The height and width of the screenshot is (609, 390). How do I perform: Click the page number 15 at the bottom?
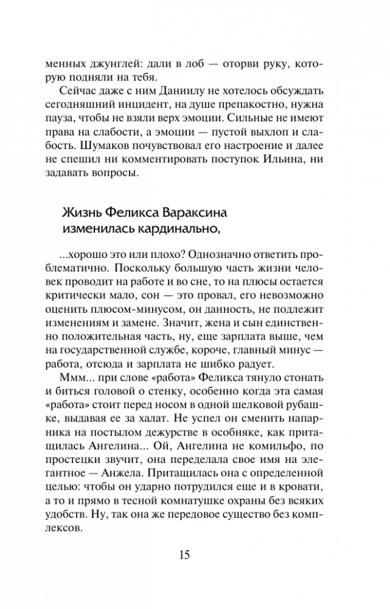click(x=195, y=555)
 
